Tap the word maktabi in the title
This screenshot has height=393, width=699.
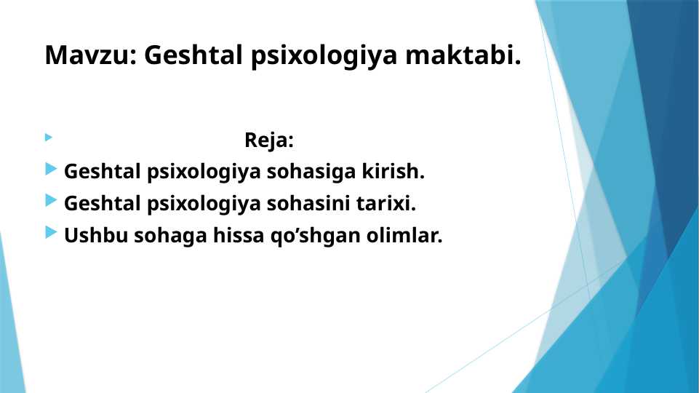pyautogui.click(x=463, y=55)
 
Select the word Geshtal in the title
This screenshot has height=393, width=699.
pyautogui.click(x=193, y=55)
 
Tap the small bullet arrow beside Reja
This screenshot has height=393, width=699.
pyautogui.click(x=49, y=138)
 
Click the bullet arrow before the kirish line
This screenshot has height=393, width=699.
pyautogui.click(x=51, y=169)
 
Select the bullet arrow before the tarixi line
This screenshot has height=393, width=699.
pyautogui.click(x=51, y=201)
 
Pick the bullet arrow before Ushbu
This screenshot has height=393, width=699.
pyautogui.click(x=51, y=232)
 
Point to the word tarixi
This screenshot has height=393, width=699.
pyautogui.click(x=386, y=204)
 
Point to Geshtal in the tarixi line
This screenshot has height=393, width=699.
pyautogui.click(x=103, y=204)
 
